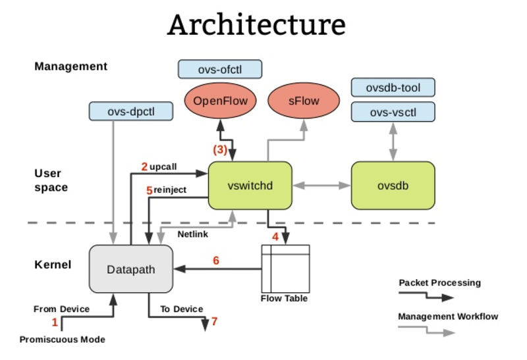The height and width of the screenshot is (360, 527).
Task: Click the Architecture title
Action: (256, 25)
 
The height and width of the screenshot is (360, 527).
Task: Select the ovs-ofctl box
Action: (220, 69)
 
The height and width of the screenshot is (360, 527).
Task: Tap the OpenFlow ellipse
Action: (220, 103)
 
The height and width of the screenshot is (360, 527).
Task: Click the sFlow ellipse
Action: (304, 103)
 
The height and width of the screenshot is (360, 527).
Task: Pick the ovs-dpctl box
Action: (130, 111)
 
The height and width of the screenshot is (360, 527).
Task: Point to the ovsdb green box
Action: (393, 186)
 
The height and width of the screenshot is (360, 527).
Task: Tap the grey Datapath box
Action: (130, 269)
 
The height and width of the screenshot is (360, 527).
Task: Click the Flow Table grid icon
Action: (285, 269)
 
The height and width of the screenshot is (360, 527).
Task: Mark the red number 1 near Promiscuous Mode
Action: (55, 322)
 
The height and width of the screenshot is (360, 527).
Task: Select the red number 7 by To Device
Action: (214, 322)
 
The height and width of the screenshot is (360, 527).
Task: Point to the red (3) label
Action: (219, 149)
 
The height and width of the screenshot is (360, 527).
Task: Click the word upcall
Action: (163, 167)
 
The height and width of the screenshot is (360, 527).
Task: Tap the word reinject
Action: (171, 190)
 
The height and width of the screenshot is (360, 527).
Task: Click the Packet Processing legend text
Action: (439, 283)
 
